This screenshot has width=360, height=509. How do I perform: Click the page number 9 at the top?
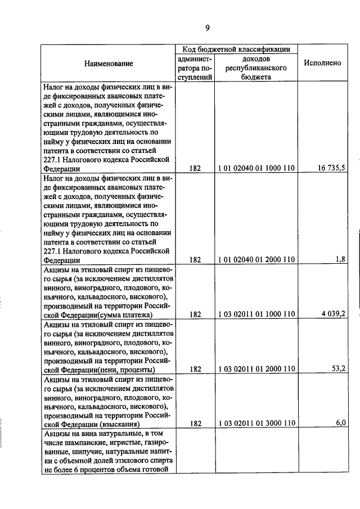pyautogui.click(x=208, y=28)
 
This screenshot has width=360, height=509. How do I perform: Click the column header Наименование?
pyautogui.click(x=109, y=64)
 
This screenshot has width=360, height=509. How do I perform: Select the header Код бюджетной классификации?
pyautogui.click(x=236, y=49)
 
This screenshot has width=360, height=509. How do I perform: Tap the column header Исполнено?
pyautogui.click(x=322, y=63)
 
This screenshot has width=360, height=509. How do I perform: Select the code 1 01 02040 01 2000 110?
pyautogui.click(x=256, y=259)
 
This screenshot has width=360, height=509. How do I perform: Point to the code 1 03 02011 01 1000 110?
pyautogui.click(x=256, y=314)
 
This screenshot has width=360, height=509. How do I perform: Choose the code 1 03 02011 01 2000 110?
pyautogui.click(x=256, y=369)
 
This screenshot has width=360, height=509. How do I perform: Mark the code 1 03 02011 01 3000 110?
pyautogui.click(x=256, y=424)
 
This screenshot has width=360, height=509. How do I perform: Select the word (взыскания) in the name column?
pyautogui.click(x=119, y=424)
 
